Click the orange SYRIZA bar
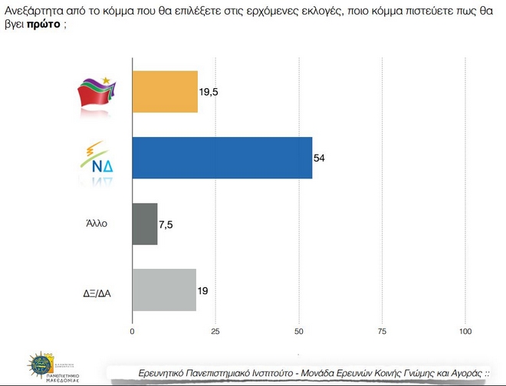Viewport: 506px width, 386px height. pyautogui.click(x=165, y=91)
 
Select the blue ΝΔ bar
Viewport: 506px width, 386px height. pyautogui.click(x=222, y=157)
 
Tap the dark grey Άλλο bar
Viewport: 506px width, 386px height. pyautogui.click(x=145, y=224)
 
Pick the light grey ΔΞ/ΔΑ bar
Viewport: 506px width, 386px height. pyautogui.click(x=164, y=289)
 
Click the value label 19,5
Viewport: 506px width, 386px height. pyautogui.click(x=209, y=92)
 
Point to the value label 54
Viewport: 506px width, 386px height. pyautogui.click(x=320, y=158)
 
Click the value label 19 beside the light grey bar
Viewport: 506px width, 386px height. pyautogui.click(x=203, y=290)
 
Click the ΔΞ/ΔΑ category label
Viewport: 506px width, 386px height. pyautogui.click(x=98, y=291)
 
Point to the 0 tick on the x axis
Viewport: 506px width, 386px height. pyautogui.click(x=133, y=332)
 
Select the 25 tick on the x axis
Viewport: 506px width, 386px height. pyautogui.click(x=215, y=332)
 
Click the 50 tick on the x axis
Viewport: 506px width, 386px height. pyautogui.click(x=299, y=332)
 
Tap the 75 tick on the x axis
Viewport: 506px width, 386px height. pyautogui.click(x=382, y=332)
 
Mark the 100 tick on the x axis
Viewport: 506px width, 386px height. pyautogui.click(x=465, y=332)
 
